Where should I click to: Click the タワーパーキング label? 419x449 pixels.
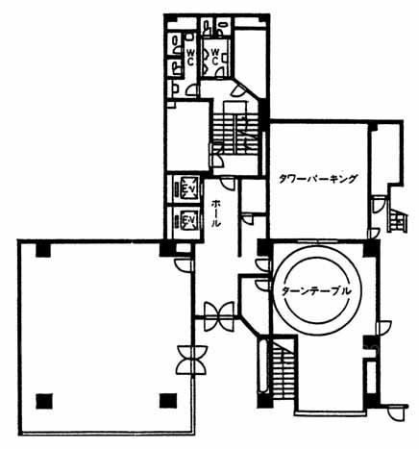[317, 179]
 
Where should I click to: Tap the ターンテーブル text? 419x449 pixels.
[316, 291]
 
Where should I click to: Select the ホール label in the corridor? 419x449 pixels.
[216, 213]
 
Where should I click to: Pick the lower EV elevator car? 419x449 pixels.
[186, 220]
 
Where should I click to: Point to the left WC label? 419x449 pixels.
[190, 58]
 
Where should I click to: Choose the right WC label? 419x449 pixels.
[215, 57]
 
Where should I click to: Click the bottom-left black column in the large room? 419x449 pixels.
[44, 401]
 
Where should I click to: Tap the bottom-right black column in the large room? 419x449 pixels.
[168, 401]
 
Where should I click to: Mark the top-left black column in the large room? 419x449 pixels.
[43, 250]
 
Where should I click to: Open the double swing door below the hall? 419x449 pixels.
[219, 316]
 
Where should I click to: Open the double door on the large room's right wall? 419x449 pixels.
[192, 360]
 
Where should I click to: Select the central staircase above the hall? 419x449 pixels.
[235, 134]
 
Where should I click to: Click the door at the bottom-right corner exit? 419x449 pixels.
[397, 412]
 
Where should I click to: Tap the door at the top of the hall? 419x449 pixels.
[228, 185]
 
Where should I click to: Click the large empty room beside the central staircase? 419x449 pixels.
[188, 137]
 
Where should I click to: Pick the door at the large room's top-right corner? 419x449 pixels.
[185, 264]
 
